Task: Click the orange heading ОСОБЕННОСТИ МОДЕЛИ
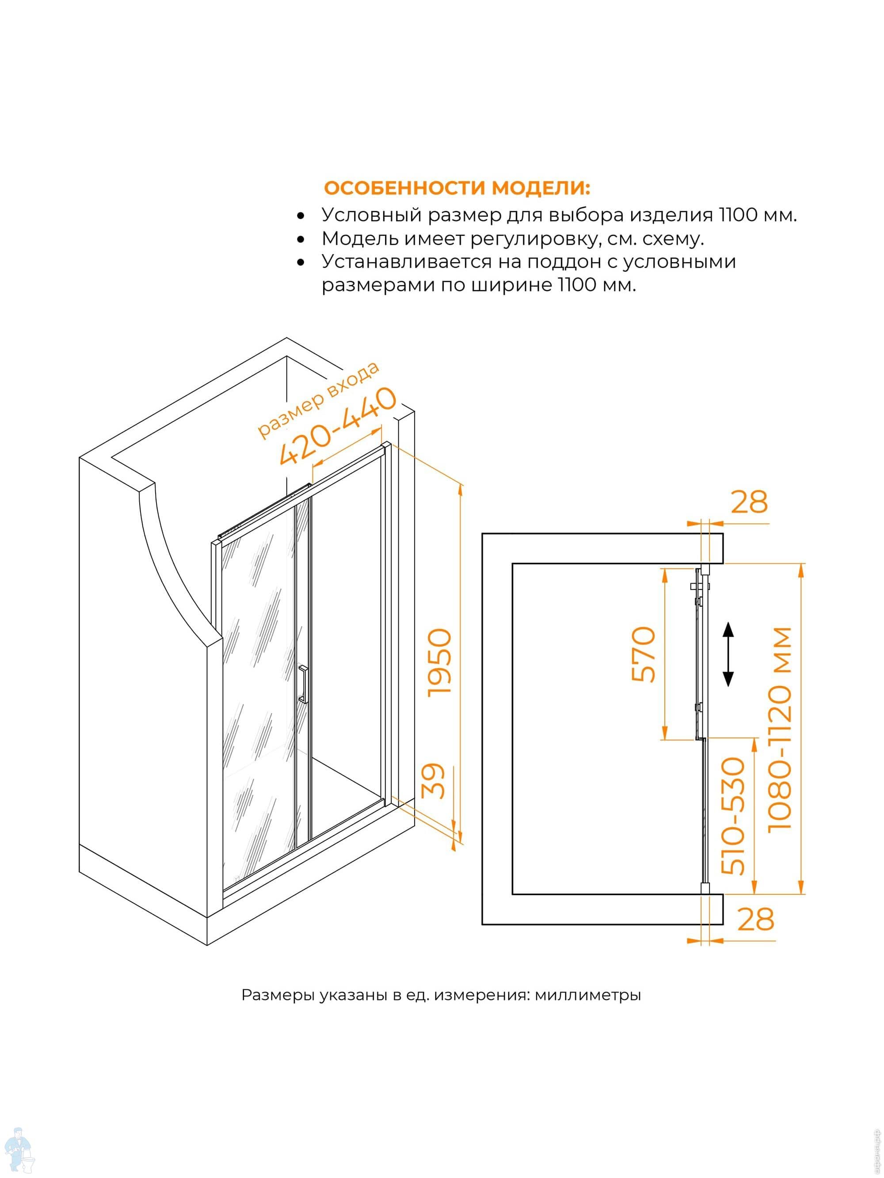tap(457, 189)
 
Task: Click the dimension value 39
tap(433, 781)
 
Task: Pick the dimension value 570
tap(644, 654)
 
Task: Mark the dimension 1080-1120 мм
tap(781, 730)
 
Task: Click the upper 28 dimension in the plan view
tap(749, 502)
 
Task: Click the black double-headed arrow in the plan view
tap(728, 654)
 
